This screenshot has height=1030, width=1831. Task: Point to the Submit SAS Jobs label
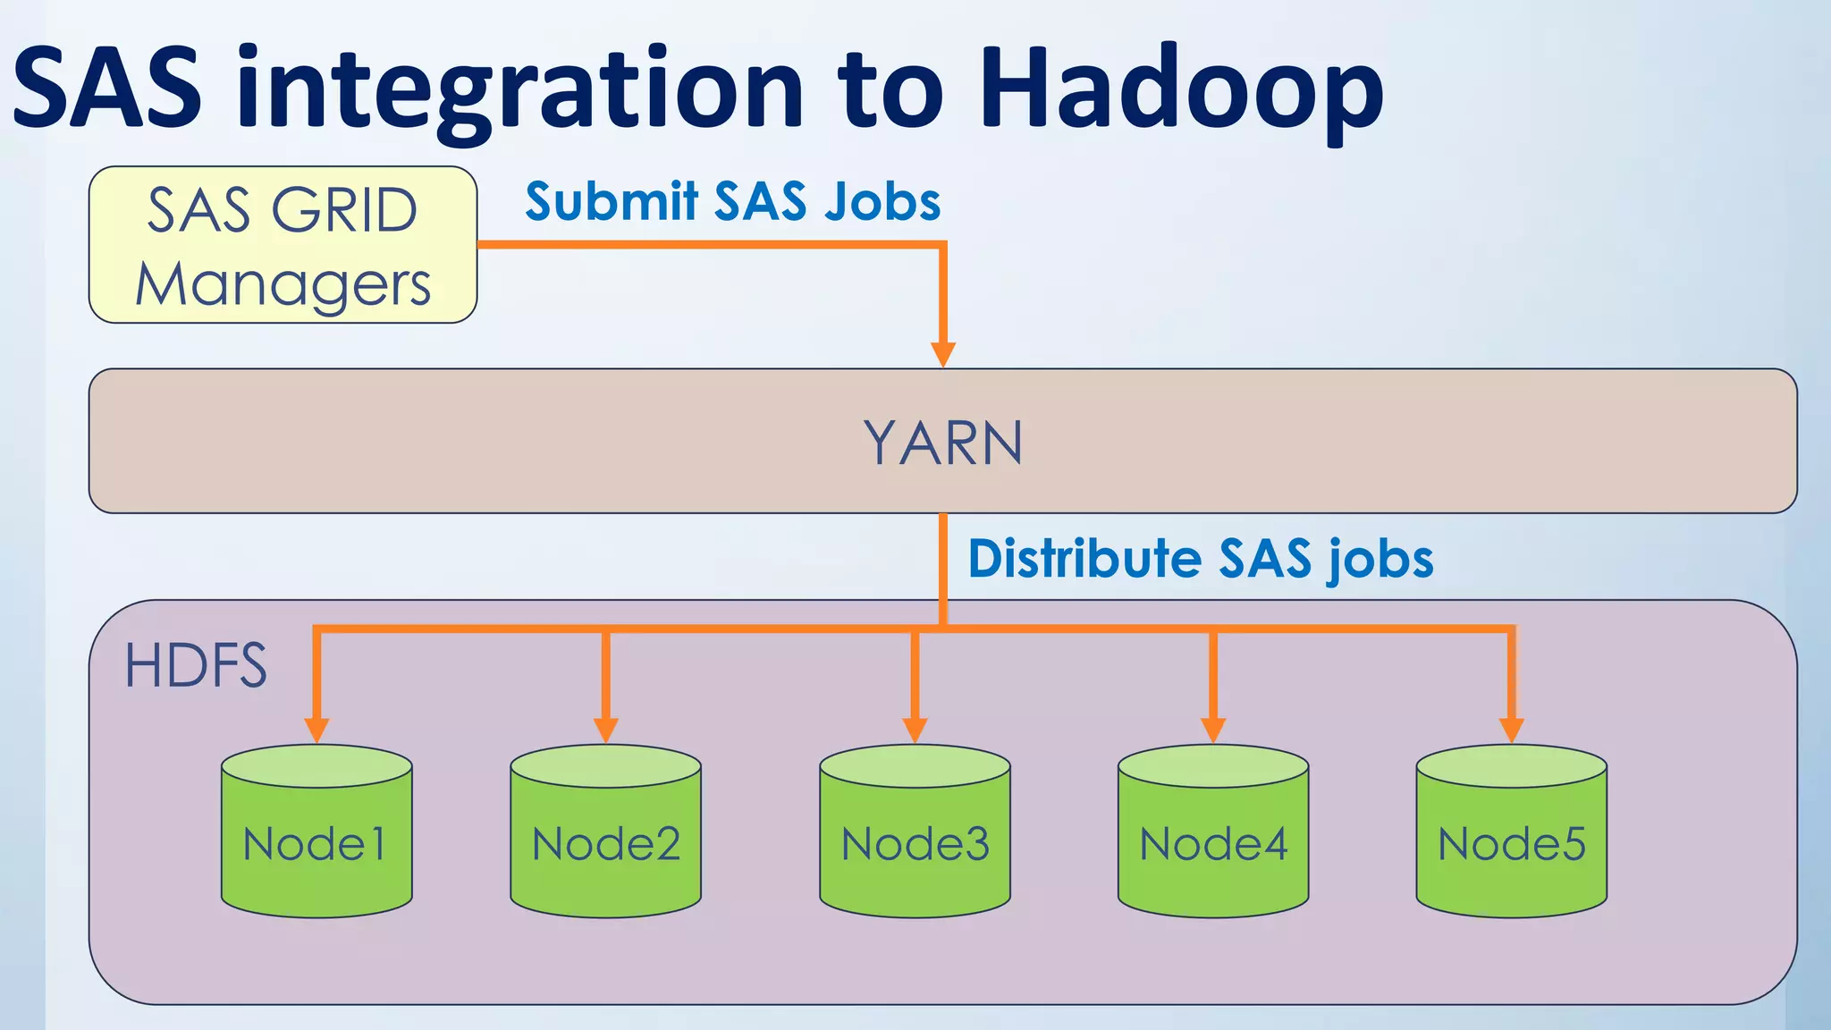(732, 201)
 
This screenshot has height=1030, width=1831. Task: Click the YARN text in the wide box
(942, 443)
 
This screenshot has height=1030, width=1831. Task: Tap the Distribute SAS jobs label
(1200, 559)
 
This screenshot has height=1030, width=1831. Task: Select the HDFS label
(196, 665)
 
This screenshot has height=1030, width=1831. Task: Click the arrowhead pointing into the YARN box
(942, 354)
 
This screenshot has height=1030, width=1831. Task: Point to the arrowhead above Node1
(316, 730)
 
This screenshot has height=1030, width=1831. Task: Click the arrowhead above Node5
(1511, 730)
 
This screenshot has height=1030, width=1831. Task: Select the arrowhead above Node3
(915, 730)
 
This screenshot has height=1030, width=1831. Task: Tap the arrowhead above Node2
(605, 730)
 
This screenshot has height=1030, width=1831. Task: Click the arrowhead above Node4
(1213, 730)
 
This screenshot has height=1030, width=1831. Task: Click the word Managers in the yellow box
(283, 284)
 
